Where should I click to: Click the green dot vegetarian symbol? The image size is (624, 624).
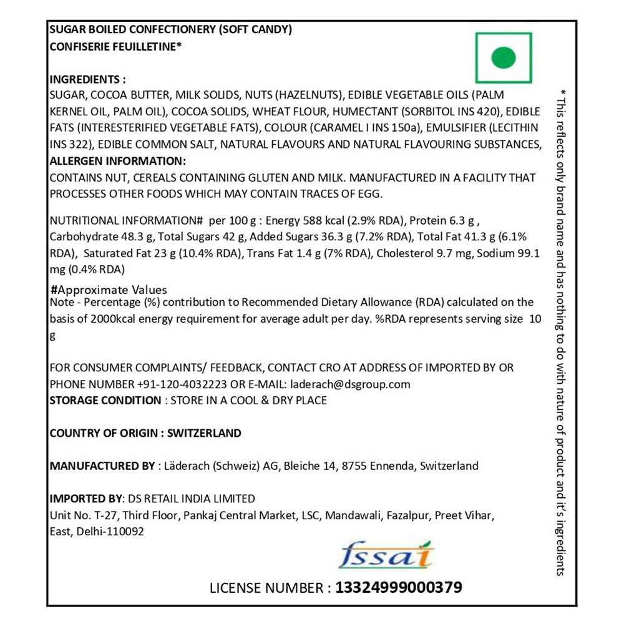[504, 58]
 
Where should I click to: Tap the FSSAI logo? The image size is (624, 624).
[386, 555]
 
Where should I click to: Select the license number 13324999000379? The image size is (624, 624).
[399, 587]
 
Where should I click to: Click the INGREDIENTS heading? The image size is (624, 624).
[87, 80]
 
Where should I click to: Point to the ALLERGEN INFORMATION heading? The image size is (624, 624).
[117, 161]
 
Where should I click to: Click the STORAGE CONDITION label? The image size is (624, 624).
[105, 400]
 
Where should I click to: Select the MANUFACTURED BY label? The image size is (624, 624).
[102, 466]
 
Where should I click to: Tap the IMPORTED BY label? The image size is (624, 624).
[87, 499]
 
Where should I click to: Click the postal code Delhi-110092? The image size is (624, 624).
[110, 532]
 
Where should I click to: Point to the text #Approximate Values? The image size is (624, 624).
[109, 290]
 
